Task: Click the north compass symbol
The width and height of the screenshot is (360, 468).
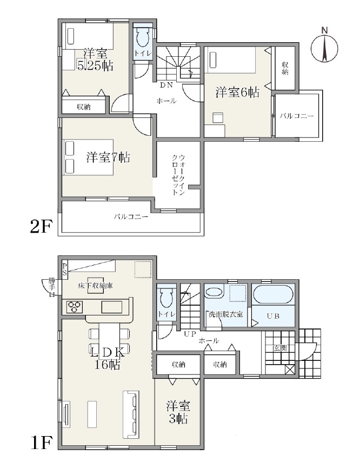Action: tap(324, 47)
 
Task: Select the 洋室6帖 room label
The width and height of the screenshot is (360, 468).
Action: tap(237, 93)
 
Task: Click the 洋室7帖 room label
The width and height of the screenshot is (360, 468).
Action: tap(108, 157)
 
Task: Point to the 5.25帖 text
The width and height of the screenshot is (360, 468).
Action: tap(95, 65)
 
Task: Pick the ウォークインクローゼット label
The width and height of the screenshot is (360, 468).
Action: tap(178, 175)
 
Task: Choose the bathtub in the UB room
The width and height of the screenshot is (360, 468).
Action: tap(273, 294)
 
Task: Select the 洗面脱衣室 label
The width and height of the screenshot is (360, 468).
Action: tap(225, 314)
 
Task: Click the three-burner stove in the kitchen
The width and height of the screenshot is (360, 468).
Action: tap(74, 307)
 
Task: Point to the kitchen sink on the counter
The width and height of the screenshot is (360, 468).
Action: tap(112, 307)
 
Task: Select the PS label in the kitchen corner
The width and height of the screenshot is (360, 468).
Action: tap(65, 268)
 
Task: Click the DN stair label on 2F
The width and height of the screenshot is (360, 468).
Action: tap(166, 85)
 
